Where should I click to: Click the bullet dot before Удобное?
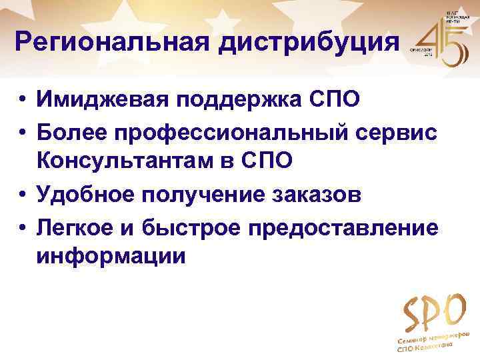click(23, 195)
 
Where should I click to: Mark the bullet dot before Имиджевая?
click(23, 99)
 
